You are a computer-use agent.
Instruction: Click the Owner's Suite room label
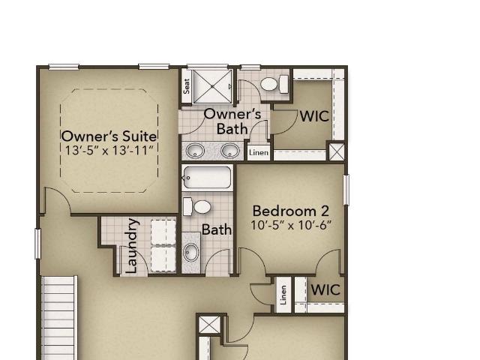click(109, 136)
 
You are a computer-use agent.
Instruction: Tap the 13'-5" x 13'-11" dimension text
click(109, 150)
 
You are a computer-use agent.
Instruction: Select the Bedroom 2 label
click(291, 211)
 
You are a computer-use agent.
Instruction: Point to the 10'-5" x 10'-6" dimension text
click(291, 225)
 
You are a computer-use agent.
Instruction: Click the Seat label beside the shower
click(187, 86)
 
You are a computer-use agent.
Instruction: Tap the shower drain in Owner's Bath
click(212, 87)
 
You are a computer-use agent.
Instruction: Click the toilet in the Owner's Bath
click(274, 84)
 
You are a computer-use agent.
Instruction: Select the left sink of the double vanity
click(195, 151)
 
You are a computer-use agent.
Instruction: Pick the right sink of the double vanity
click(230, 151)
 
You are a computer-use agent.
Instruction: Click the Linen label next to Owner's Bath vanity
click(259, 152)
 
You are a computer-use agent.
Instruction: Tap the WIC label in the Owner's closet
click(314, 116)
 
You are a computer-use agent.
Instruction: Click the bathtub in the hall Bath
click(207, 178)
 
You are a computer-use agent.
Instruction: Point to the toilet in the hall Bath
click(196, 207)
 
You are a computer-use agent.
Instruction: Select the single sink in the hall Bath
click(191, 252)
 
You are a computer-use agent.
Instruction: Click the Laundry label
click(133, 246)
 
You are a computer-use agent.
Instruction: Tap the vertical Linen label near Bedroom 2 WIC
click(283, 295)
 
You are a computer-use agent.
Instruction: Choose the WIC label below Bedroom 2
click(325, 290)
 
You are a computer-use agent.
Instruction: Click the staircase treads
click(59, 318)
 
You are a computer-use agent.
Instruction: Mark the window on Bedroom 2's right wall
click(346, 190)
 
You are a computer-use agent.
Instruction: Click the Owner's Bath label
click(232, 121)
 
